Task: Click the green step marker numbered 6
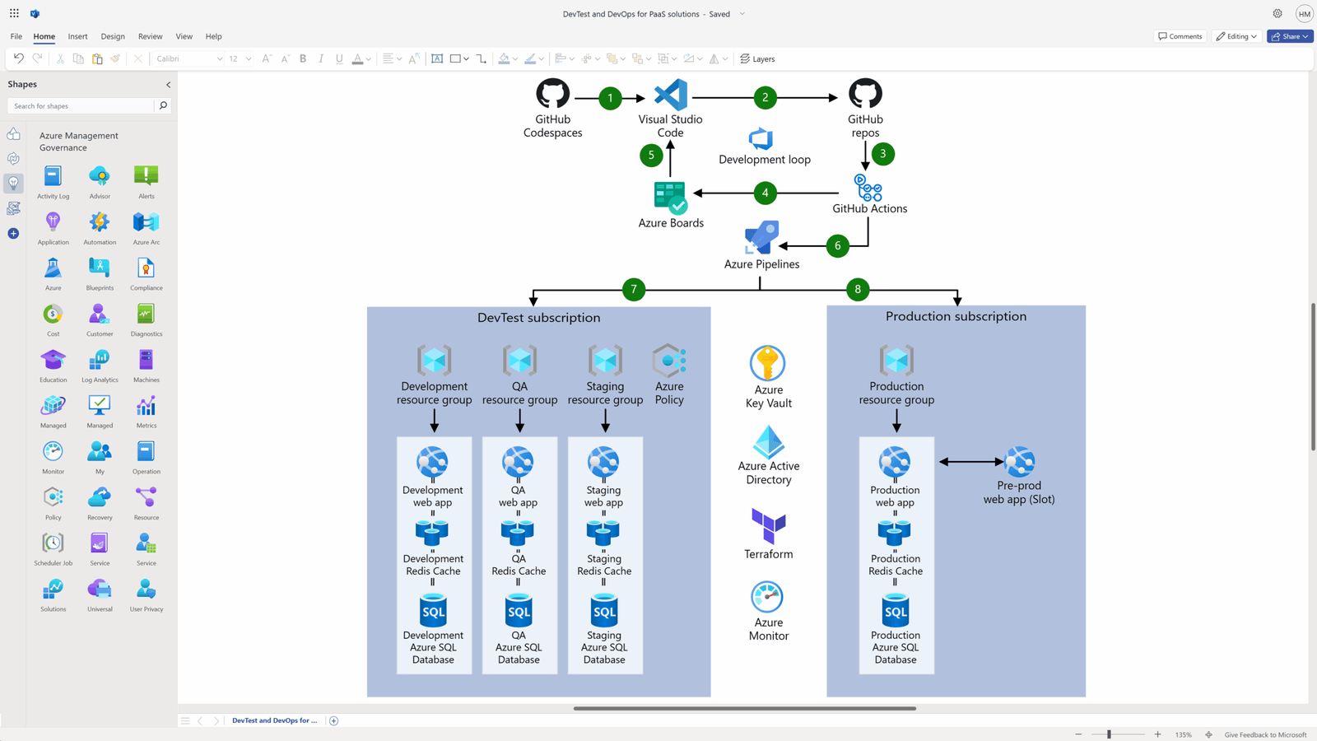[x=837, y=245]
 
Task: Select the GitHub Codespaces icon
[x=552, y=94]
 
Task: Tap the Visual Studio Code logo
[x=670, y=96]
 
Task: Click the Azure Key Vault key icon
[x=767, y=363]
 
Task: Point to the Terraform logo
[x=768, y=526]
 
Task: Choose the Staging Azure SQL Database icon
[x=604, y=611]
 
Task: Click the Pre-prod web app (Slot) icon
[x=1019, y=462]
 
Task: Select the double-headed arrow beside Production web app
[x=971, y=462]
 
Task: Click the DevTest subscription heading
[x=538, y=318]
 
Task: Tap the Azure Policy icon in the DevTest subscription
[x=669, y=361]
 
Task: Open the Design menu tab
[x=113, y=36]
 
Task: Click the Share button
[x=1289, y=36]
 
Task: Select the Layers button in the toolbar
[x=757, y=58]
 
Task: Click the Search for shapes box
[x=81, y=105]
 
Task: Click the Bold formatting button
[x=303, y=58]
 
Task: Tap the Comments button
[x=1180, y=36]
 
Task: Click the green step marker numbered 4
[x=765, y=193]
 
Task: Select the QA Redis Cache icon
[x=518, y=532]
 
